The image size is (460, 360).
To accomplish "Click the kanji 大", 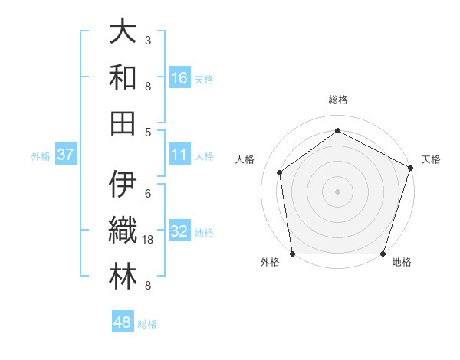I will tap(123, 31).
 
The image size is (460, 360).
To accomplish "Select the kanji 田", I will tap(123, 123).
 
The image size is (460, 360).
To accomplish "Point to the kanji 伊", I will tap(123, 185).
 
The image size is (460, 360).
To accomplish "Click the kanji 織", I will tap(123, 231).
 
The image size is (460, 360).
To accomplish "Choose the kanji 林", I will tap(123, 277).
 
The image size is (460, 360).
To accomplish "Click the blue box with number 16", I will tap(179, 77).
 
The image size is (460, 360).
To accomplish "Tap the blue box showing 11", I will tap(179, 155).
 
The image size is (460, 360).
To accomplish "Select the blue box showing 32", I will tap(179, 231).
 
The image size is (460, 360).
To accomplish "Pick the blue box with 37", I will tap(65, 155).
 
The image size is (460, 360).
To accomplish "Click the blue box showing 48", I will tap(122, 322).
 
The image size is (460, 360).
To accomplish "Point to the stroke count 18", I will tap(149, 240).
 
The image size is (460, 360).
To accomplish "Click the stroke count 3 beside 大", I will tap(148, 40).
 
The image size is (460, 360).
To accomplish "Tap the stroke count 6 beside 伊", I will tap(148, 193).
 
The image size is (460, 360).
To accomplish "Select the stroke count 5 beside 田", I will tap(148, 132).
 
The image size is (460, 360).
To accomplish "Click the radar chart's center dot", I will tap(338, 191).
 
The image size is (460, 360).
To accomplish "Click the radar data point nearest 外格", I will tap(293, 254).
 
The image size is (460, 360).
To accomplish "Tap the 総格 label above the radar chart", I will tap(338, 100).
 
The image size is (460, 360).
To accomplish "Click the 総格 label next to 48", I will tap(147, 324).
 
